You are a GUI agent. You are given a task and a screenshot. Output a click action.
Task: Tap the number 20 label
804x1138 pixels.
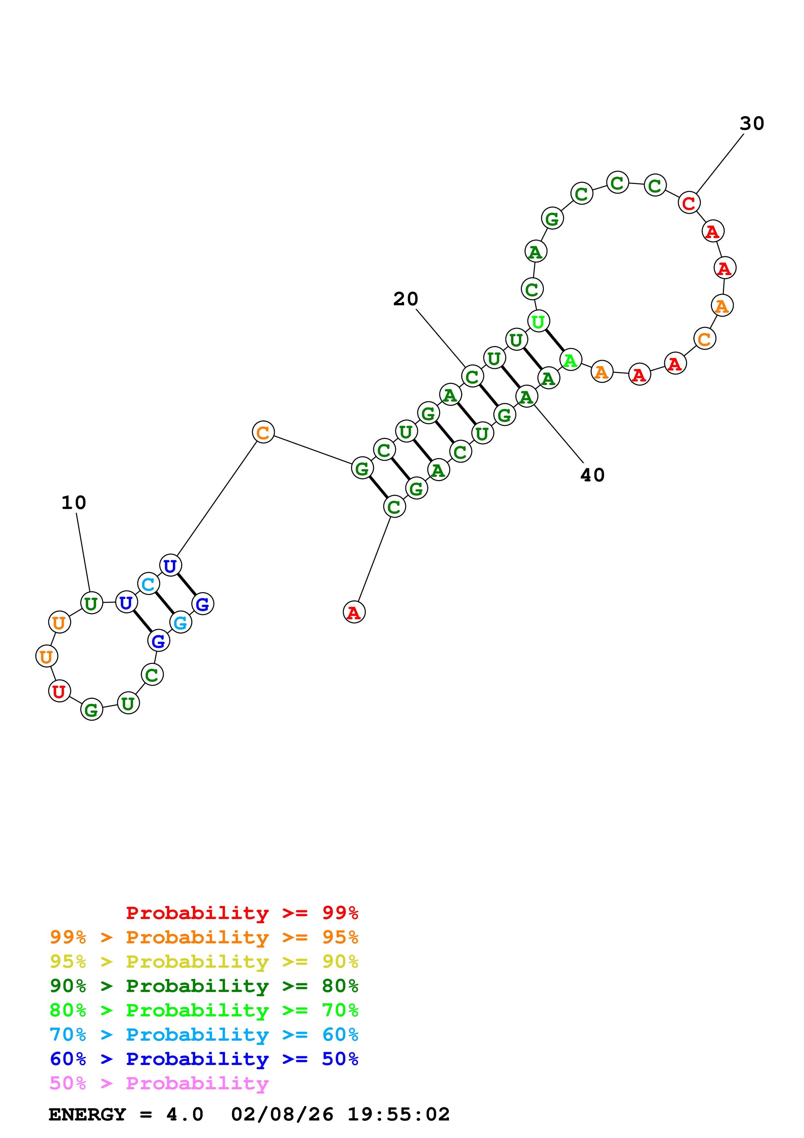pyautogui.click(x=406, y=299)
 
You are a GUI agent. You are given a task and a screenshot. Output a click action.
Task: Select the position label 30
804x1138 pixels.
pyautogui.click(x=751, y=123)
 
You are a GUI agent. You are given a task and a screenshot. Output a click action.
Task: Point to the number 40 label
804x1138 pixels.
pyautogui.click(x=593, y=475)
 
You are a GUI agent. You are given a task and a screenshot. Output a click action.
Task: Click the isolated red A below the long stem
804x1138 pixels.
pyautogui.click(x=354, y=612)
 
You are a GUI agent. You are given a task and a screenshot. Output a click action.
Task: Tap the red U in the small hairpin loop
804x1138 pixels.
pyautogui.click(x=59, y=691)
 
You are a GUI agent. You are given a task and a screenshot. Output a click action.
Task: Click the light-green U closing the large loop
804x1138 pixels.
pyautogui.click(x=538, y=322)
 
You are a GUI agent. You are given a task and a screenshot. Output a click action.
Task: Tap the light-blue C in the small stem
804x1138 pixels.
pyautogui.click(x=148, y=584)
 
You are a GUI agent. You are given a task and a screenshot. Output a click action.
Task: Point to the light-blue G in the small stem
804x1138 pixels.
pyautogui.click(x=180, y=623)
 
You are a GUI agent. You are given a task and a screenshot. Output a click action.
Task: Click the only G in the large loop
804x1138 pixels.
pyautogui.click(x=552, y=219)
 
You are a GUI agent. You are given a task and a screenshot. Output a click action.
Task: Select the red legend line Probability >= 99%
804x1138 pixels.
pyautogui.click(x=242, y=913)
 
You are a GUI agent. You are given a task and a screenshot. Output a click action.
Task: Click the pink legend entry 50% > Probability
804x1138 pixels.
pyautogui.click(x=159, y=1084)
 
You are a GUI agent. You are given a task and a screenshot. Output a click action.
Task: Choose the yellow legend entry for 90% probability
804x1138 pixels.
pyautogui.click(x=204, y=962)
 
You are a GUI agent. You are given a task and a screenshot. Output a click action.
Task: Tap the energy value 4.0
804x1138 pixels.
pyautogui.click(x=185, y=1115)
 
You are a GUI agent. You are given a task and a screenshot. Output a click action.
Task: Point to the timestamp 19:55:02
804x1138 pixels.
pyautogui.click(x=398, y=1115)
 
